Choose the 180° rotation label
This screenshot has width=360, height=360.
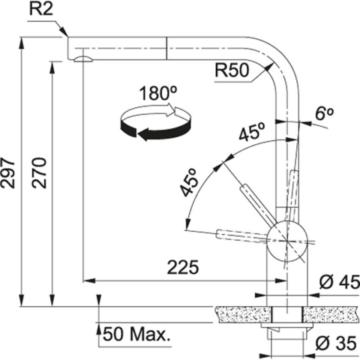coord(157,95)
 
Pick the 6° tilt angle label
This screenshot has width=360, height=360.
coord(324,114)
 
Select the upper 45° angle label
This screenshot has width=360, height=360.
coord(251,133)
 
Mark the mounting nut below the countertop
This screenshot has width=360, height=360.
coord(286,329)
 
